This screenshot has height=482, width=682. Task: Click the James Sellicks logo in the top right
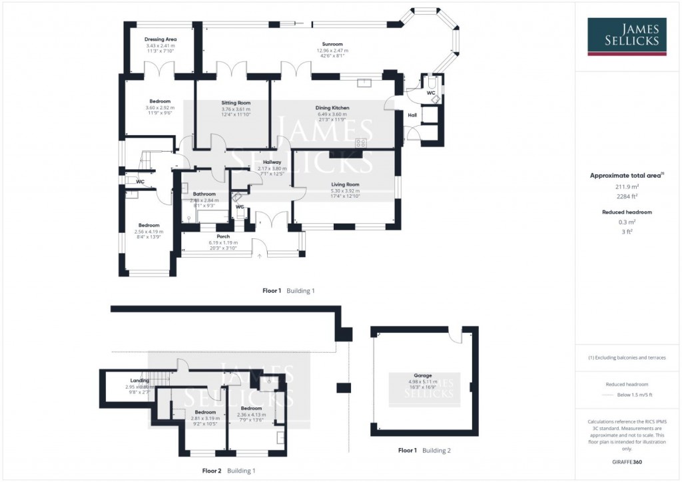628,37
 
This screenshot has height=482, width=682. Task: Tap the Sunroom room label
332,44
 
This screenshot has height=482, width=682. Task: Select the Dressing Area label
161,39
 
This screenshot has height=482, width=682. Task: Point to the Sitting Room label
235,103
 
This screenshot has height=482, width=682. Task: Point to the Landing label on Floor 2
140,380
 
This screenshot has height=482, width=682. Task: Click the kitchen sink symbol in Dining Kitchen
364,83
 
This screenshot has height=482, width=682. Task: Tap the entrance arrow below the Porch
260,255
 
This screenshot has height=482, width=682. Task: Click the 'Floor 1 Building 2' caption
424,451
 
